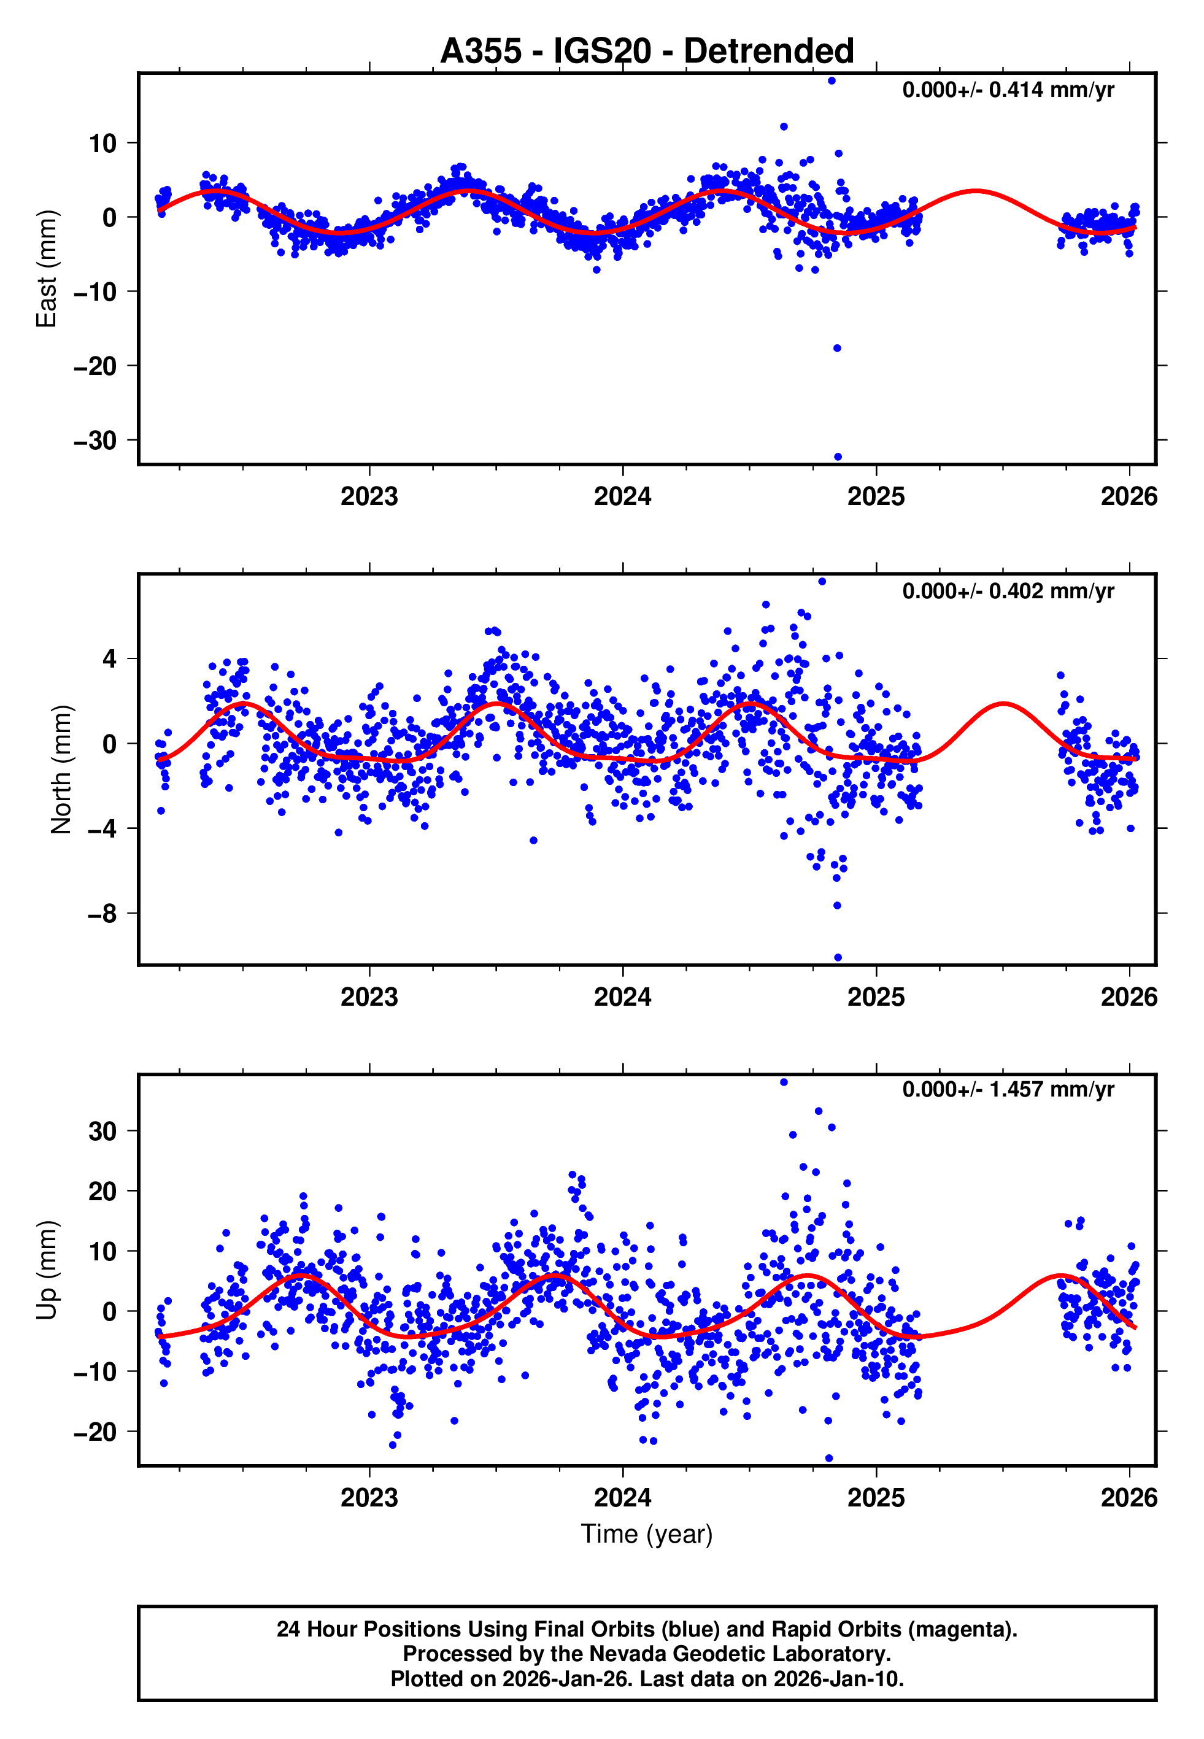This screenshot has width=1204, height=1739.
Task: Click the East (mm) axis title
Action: [x=47, y=269]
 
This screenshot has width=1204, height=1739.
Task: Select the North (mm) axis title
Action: [x=61, y=769]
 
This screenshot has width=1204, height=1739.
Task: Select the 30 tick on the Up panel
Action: [x=102, y=1131]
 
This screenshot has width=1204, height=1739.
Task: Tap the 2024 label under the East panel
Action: [x=622, y=496]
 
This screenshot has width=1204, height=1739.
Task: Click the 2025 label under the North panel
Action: [x=875, y=997]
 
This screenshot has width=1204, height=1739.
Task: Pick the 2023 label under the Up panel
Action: [x=369, y=1497]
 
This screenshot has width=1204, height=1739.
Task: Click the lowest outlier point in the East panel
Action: [x=838, y=457]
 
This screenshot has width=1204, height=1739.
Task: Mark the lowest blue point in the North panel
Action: [x=838, y=958]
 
